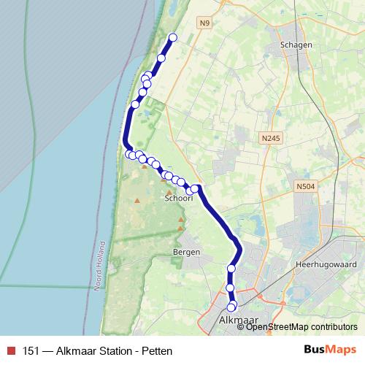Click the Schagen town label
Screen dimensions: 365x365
click(296, 45)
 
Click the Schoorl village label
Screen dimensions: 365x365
click(178, 198)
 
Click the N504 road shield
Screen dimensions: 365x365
click(305, 188)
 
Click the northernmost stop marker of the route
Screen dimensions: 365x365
click(173, 38)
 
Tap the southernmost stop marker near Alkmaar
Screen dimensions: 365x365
click(231, 307)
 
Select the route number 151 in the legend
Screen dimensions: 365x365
click(31, 350)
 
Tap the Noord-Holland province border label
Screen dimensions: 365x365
click(101, 267)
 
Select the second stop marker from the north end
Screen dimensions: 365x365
click(161, 58)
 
